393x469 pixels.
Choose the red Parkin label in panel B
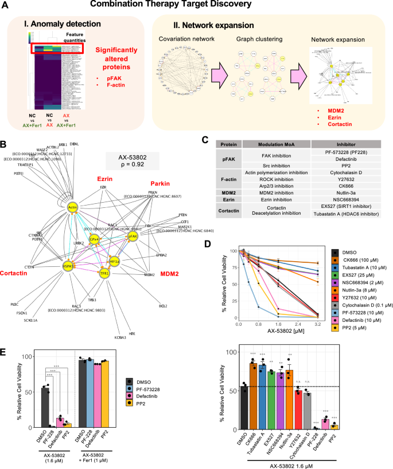(x=168, y=185)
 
